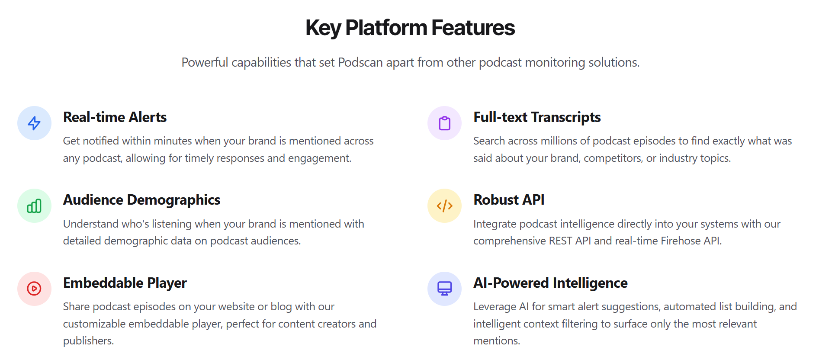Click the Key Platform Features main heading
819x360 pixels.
pyautogui.click(x=410, y=28)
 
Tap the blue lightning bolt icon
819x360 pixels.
pyautogui.click(x=34, y=123)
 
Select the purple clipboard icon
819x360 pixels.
pyautogui.click(x=444, y=123)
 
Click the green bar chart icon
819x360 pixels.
pyautogui.click(x=34, y=206)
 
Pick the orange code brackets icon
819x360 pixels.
pyautogui.click(x=444, y=206)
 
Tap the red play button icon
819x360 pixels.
pyautogui.click(x=34, y=289)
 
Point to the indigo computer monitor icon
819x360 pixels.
pyautogui.click(x=444, y=289)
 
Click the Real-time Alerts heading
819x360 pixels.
pyautogui.click(x=115, y=117)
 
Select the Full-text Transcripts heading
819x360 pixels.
pyautogui.click(x=536, y=117)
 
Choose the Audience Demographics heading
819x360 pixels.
pyautogui.click(x=141, y=200)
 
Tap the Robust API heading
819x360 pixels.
pyautogui.click(x=509, y=200)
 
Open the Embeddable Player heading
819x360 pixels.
pyautogui.click(x=125, y=283)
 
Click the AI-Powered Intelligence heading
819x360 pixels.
pyautogui.click(x=550, y=283)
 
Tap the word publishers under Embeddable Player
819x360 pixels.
pyautogui.click(x=88, y=341)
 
